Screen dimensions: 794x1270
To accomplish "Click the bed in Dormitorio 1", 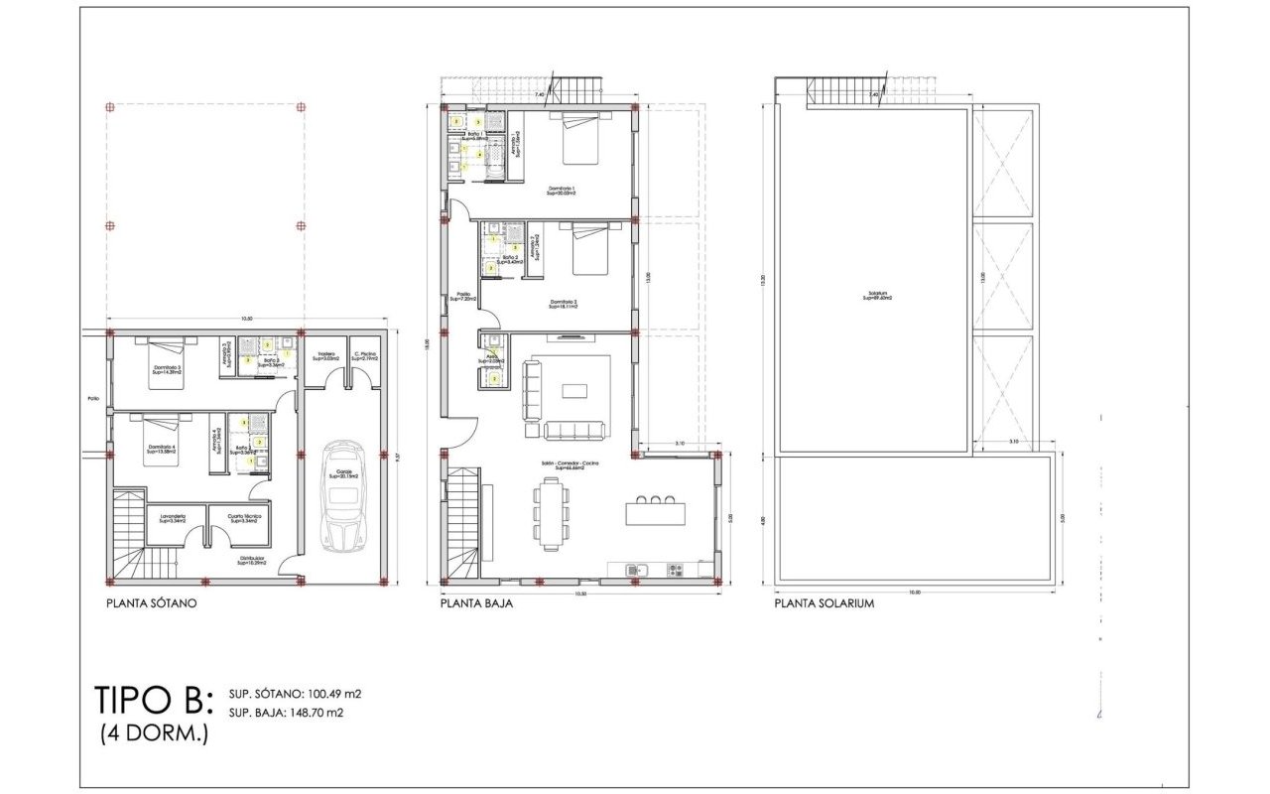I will (x=580, y=140).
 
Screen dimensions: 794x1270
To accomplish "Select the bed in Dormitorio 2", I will (x=593, y=250).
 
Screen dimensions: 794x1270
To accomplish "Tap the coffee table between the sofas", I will (x=574, y=390).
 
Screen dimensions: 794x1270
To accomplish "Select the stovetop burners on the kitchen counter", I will (x=675, y=570).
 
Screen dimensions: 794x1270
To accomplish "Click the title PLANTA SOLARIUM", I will (x=825, y=602).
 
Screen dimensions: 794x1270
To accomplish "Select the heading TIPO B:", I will (x=154, y=700).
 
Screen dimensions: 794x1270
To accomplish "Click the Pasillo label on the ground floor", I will (x=463, y=296).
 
